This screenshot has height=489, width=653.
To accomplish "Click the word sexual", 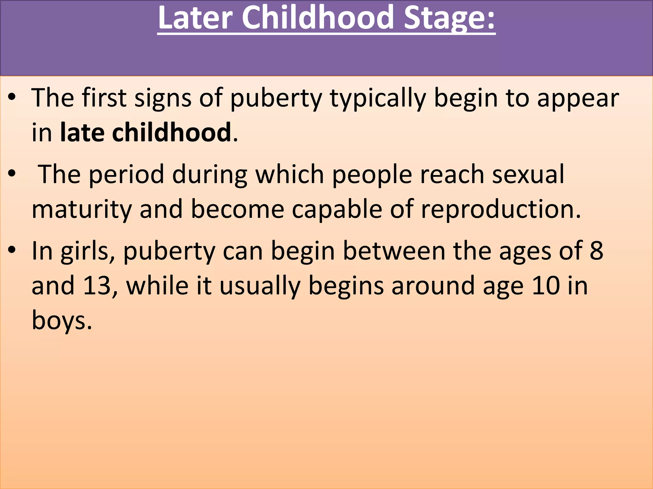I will [x=528, y=174].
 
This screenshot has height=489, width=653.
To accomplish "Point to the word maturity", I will [x=82, y=209].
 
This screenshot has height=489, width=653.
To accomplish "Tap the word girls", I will [x=87, y=251].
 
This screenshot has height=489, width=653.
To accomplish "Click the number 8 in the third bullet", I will [x=596, y=251].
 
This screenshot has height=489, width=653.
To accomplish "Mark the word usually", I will [x=260, y=286].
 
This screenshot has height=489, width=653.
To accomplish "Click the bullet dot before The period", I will [x=12, y=174].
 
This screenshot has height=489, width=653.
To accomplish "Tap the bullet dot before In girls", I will [x=12, y=250].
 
